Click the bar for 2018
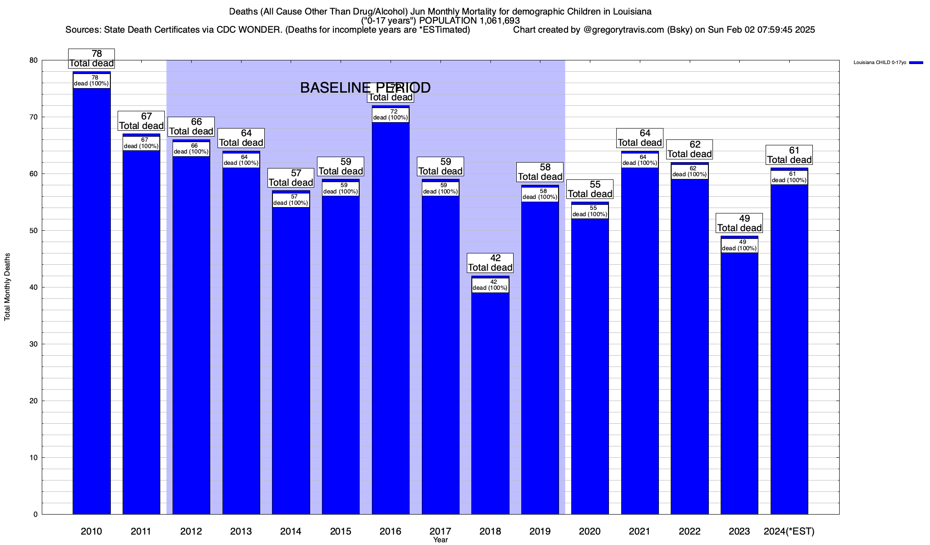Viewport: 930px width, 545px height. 490,400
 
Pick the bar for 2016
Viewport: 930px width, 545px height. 391,318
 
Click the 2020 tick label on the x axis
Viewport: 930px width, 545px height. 590,531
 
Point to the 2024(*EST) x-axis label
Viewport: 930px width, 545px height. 789,531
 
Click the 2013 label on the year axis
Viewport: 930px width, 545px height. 241,531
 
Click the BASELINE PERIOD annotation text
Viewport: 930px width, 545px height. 365,88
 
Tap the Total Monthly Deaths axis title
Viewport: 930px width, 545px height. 7,287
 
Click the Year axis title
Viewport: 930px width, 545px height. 440,540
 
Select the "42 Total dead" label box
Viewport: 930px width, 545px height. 490,263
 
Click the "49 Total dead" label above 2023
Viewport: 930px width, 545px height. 739,223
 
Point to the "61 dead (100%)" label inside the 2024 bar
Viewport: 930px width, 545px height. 789,177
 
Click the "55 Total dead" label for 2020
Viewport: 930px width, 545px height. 590,189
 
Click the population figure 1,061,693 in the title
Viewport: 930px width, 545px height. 493,21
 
